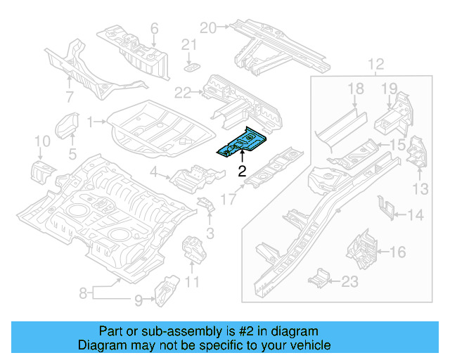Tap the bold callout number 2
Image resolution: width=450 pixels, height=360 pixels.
tap(241, 171)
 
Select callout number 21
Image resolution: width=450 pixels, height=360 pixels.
tap(188, 45)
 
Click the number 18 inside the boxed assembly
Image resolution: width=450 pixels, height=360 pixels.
tap(355, 88)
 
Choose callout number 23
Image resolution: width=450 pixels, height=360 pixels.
tap(349, 281)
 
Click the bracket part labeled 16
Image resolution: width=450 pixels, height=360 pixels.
tap(361, 248)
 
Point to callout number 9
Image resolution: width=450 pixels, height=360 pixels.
tap(139, 300)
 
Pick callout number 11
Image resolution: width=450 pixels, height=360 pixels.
tap(192, 283)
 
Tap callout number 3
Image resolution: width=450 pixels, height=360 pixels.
tap(210, 233)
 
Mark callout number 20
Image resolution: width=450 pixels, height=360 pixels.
tap(207, 27)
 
